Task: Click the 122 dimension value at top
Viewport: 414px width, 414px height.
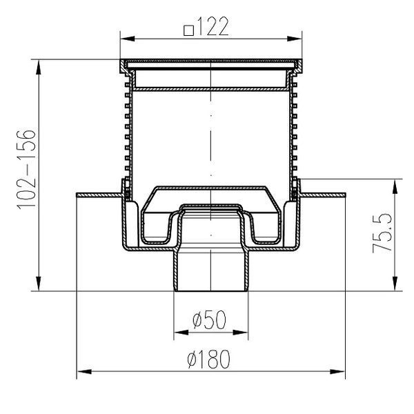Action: click(213, 26)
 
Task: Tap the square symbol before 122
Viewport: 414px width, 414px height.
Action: click(189, 30)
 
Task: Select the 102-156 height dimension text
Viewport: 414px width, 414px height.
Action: click(26, 170)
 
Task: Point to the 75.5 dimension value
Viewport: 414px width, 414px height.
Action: click(382, 233)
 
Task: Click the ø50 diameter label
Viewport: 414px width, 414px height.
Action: click(209, 319)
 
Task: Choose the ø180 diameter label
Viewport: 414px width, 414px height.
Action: click(208, 359)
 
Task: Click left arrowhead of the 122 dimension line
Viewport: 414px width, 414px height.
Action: click(128, 39)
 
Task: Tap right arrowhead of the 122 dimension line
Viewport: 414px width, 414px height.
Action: click(295, 39)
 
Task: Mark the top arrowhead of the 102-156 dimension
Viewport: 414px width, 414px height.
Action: click(39, 67)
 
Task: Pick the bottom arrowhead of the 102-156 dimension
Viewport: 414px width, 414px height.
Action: click(39, 284)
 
